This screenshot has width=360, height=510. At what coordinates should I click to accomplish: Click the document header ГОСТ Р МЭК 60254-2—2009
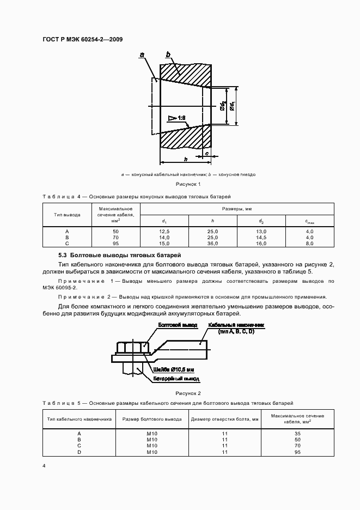tap(82, 39)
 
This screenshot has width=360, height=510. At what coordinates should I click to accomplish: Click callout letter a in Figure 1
tap(142, 54)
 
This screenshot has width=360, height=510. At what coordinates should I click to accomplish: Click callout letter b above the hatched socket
tap(168, 54)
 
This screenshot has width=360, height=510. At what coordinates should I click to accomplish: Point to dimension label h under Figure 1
tap(186, 159)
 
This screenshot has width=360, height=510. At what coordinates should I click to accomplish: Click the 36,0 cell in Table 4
tap(213, 244)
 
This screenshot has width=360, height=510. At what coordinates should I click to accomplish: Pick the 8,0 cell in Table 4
tap(309, 244)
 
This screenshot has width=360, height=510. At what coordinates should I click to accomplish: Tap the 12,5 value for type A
tap(164, 232)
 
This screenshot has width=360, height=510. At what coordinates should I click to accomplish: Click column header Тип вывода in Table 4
tap(67, 215)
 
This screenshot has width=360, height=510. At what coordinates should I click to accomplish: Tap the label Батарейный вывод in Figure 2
tap(176, 378)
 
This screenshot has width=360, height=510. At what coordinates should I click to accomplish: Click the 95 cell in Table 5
tap(298, 452)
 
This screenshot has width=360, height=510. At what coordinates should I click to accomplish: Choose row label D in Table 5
tap(80, 452)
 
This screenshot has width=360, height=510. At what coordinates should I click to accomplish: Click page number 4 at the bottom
tap(44, 467)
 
